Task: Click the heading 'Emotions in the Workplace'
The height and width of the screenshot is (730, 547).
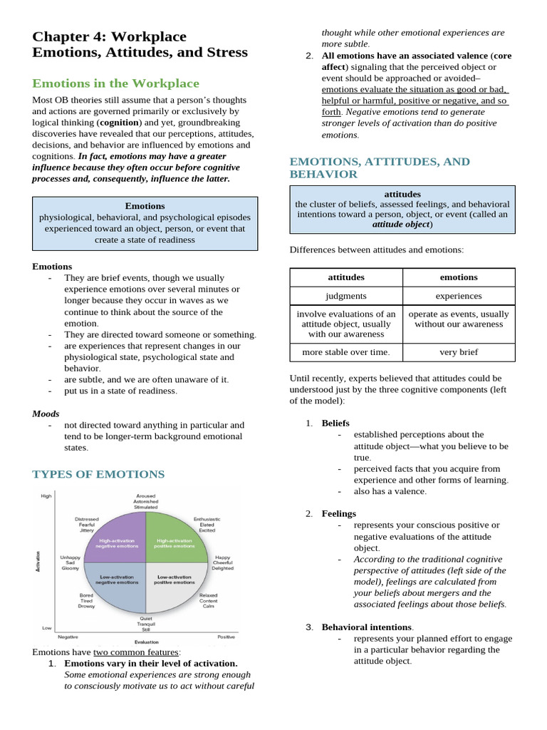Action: tap(115, 83)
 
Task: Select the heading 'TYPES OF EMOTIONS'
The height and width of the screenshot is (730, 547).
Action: tap(98, 474)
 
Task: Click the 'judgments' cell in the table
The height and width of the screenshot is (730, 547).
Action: tap(345, 296)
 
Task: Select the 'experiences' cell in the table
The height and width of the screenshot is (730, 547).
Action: tap(459, 296)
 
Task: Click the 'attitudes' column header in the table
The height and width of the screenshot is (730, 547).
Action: tap(345, 277)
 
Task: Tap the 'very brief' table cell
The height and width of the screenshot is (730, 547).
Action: tap(459, 352)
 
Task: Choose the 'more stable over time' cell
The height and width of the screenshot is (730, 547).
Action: tap(345, 352)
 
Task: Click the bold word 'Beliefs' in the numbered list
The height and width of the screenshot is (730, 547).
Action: tap(335, 423)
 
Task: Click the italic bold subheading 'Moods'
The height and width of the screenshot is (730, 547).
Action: tap(46, 413)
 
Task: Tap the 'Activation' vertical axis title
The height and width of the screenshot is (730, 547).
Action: tap(37, 560)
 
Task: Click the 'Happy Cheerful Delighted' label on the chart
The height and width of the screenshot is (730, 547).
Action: tap(222, 562)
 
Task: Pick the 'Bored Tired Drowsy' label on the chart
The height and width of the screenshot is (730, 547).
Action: tap(86, 600)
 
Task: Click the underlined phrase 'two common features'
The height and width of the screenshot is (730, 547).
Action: tap(136, 652)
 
